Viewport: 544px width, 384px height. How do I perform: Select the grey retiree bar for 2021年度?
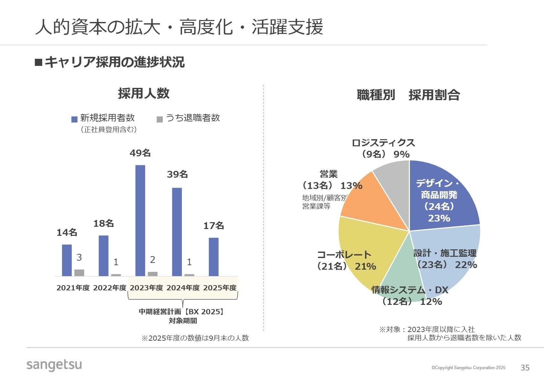[79, 273]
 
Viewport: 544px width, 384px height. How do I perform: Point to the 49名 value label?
[140, 153]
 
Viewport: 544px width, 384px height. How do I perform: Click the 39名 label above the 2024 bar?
[177, 174]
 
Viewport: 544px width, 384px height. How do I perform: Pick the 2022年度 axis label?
[110, 288]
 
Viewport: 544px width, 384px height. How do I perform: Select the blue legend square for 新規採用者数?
[74, 119]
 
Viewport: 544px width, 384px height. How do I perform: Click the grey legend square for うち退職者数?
[160, 119]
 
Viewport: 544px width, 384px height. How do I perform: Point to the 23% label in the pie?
[439, 218]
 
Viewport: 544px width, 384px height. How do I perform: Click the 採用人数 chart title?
[144, 93]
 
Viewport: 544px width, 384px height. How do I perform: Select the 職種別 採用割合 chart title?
[408, 95]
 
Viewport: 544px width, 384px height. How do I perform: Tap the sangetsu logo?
[54, 365]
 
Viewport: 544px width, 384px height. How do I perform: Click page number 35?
[525, 368]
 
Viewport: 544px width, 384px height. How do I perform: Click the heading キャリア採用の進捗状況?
[114, 62]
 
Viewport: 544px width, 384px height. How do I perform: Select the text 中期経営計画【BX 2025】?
[182, 312]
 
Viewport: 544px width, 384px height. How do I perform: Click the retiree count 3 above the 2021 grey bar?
[79, 257]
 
